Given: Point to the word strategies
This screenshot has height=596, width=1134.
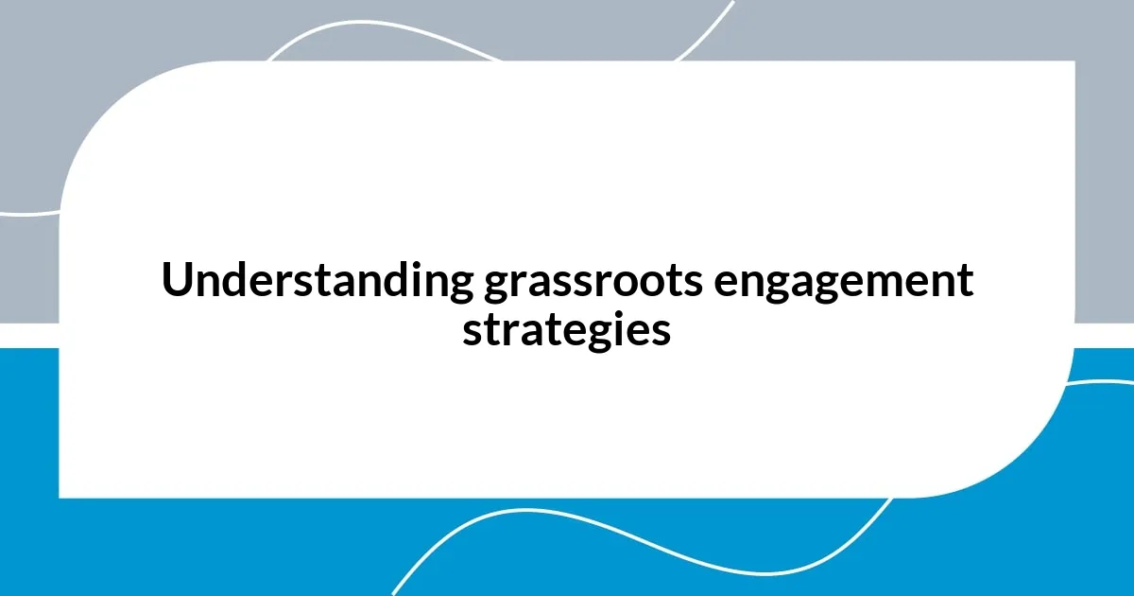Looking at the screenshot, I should pyautogui.click(x=567, y=332).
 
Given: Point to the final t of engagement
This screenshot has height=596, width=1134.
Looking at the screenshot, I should pyautogui.click(x=965, y=283).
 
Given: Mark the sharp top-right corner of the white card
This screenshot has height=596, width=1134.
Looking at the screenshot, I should pyautogui.click(x=1074, y=62).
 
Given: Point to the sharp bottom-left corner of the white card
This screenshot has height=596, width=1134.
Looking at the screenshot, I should pyautogui.click(x=60, y=496).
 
